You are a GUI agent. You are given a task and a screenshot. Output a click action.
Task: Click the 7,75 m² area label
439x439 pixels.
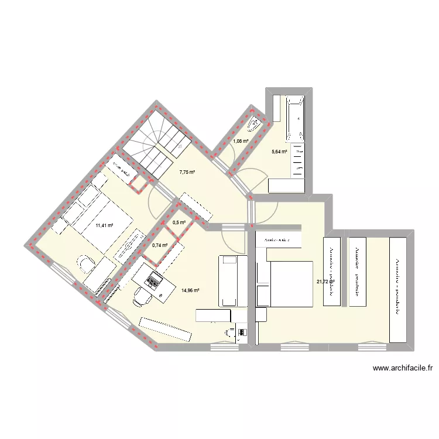pos(187,172)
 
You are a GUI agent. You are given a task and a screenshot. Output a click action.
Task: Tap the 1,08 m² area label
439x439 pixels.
pos(240,141)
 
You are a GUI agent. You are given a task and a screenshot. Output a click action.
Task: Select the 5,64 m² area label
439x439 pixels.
pos(279,152)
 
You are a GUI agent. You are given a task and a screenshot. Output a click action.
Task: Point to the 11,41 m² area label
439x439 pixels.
pos(104,225)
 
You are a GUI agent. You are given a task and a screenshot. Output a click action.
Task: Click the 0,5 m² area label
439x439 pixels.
pos(179,222)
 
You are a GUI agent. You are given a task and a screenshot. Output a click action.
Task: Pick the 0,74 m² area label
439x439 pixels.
pos(160,245)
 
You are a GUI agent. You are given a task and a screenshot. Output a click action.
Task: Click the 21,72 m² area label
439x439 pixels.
pos(325,282)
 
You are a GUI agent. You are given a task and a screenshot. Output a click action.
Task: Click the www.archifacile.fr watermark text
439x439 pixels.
pos(402,368)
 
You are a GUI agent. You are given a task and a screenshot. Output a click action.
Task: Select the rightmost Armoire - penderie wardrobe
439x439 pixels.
pos(398,289)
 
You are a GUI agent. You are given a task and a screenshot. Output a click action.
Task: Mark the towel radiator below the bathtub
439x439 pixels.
pos(298,159)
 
